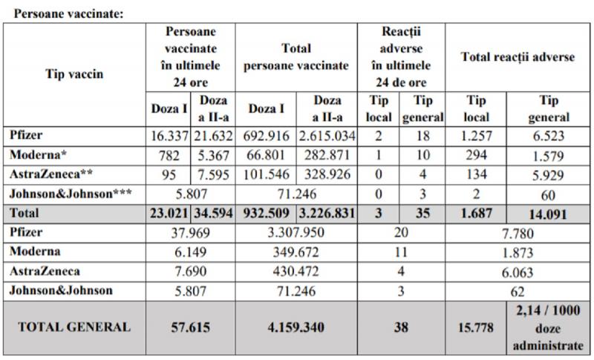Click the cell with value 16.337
pyautogui.click(x=168, y=137)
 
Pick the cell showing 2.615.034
pyautogui.click(x=327, y=137)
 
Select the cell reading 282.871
pyautogui.click(x=327, y=157)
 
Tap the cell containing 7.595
pyautogui.click(x=213, y=176)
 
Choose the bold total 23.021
pyautogui.click(x=168, y=215)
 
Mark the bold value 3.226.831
pyautogui.click(x=327, y=215)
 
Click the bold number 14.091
pyautogui.click(x=549, y=215)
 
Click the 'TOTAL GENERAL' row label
pyautogui.click(x=74, y=326)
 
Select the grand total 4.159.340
pyautogui.click(x=296, y=326)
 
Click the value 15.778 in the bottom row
pyautogui.click(x=476, y=326)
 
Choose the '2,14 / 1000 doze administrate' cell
pyautogui.click(x=549, y=326)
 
